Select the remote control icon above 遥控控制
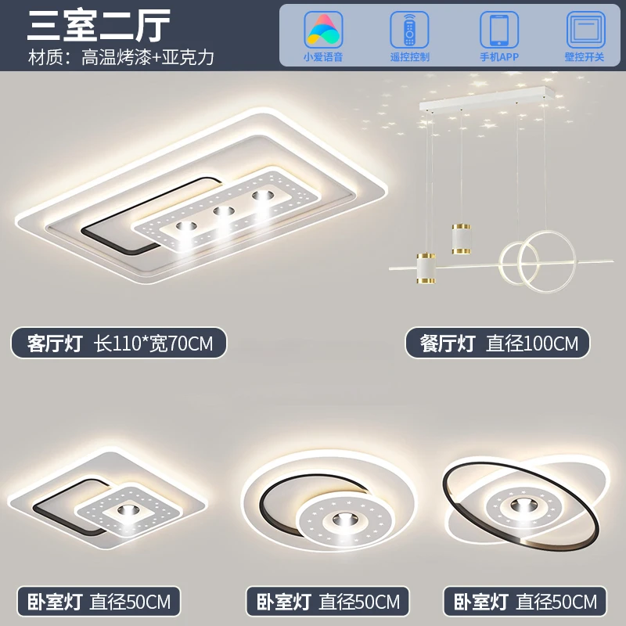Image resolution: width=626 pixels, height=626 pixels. [409, 30]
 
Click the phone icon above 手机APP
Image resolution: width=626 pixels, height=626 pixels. [498, 30]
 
